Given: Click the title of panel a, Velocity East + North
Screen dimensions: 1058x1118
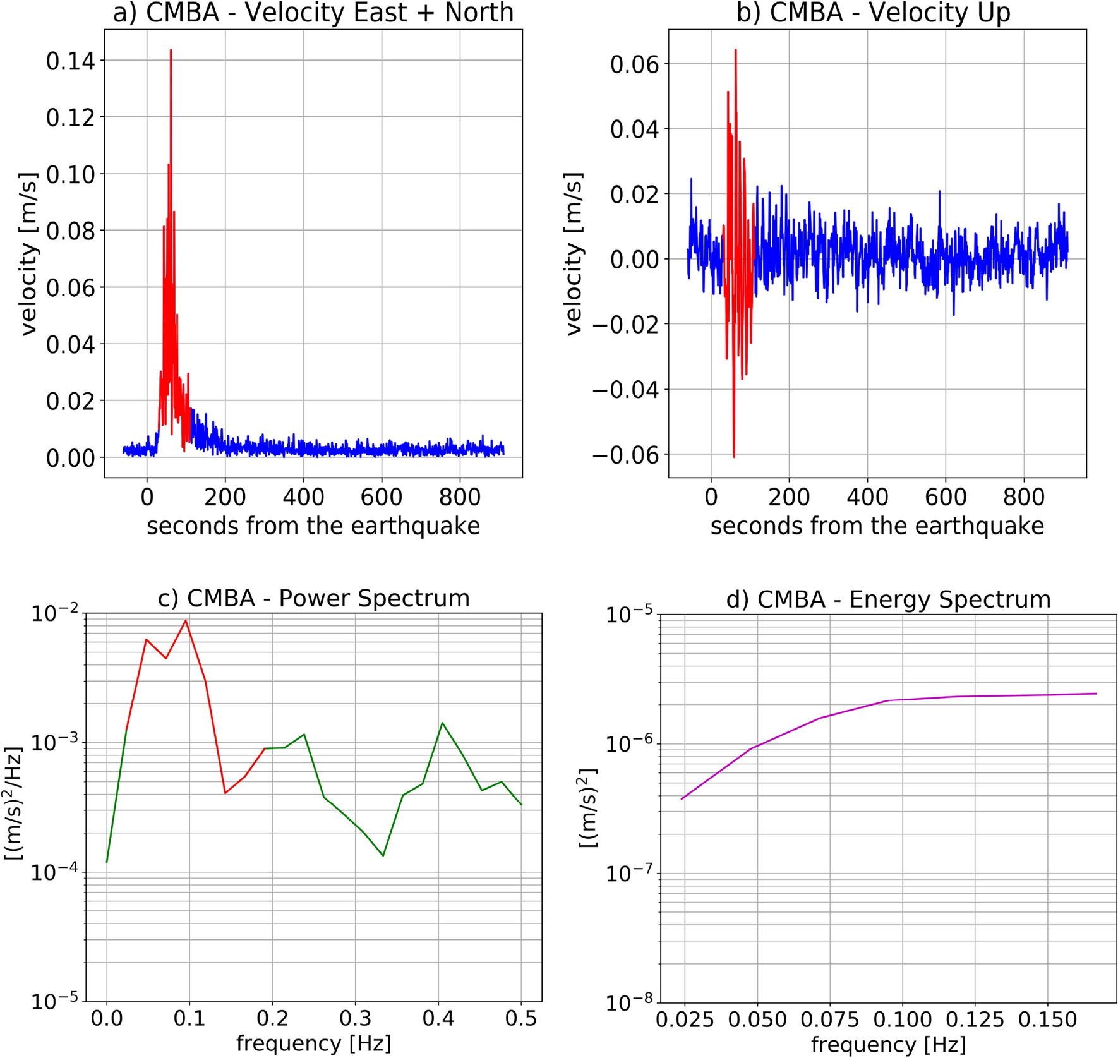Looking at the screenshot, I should (313, 13).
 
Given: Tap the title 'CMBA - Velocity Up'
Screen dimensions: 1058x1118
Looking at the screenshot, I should (874, 13).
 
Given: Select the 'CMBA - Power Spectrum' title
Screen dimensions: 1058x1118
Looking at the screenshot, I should (313, 598).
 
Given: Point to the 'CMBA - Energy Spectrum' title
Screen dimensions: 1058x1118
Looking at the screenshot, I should (888, 599).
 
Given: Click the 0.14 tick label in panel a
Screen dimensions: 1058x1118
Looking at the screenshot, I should (70, 61).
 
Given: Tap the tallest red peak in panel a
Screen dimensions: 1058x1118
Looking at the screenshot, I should (171, 50).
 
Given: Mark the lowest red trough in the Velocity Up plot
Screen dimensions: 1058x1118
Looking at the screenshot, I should (734, 456).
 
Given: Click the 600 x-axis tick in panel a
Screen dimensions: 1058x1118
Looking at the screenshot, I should (382, 498).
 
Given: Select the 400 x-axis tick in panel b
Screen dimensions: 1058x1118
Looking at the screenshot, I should (867, 498).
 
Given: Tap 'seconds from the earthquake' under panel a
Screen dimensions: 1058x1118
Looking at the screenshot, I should (313, 526).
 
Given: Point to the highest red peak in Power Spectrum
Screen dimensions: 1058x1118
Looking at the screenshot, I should (186, 620).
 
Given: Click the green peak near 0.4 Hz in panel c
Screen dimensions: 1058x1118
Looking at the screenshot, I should (442, 723).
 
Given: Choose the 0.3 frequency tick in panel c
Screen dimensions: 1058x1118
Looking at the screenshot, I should (356, 1018).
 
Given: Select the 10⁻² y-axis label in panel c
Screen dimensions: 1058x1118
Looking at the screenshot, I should (56, 613).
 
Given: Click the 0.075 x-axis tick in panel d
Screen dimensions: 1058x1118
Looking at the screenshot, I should (829, 1019).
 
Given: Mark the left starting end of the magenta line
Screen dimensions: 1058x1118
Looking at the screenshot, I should (682, 799).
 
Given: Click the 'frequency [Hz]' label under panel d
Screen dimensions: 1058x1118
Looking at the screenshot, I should (888, 1045).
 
